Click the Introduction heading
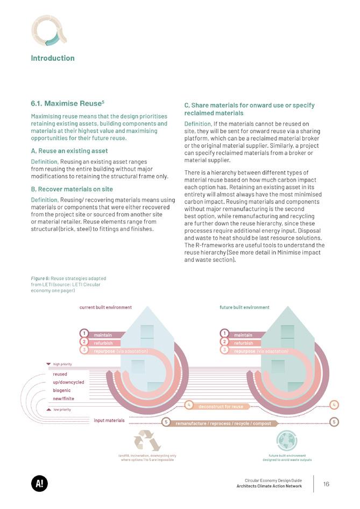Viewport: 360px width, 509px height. tap(53, 58)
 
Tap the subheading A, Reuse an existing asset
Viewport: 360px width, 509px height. tap(69, 151)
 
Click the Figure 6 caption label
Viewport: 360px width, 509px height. tap(39, 278)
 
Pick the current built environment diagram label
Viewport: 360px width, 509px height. tap(105, 308)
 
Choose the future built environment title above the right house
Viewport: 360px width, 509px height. tap(244, 308)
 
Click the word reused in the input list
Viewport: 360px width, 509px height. tap(60, 374)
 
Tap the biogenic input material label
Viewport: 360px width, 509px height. tap(62, 390)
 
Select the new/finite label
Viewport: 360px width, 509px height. tap(63, 399)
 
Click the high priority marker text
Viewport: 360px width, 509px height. tap(62, 365)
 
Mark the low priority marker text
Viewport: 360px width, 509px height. tap(61, 409)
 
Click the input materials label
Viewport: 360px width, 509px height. tap(109, 420)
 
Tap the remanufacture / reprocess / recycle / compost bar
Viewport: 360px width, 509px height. tap(223, 423)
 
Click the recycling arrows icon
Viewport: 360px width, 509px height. tap(147, 440)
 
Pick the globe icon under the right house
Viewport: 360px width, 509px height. tap(286, 441)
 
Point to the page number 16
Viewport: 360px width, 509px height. tap(326, 484)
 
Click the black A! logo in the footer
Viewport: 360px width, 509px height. tap(39, 484)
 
